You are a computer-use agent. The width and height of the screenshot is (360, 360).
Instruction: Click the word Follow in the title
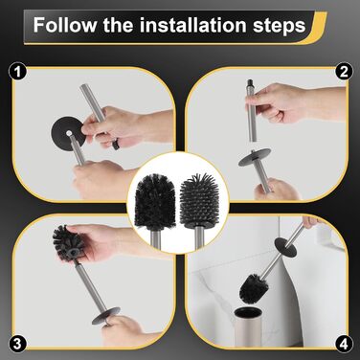(65, 25)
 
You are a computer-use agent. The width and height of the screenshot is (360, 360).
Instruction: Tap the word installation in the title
(192, 25)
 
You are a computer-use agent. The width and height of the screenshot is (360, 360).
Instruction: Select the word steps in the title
(279, 27)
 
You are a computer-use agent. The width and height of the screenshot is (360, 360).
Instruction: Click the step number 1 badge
(17, 73)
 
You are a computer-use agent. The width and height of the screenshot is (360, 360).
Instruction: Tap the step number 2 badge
(344, 72)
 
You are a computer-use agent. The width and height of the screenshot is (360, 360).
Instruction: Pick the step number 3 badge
(17, 344)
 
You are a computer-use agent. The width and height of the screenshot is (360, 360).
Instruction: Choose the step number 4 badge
(344, 344)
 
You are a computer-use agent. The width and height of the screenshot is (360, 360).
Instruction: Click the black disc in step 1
(68, 131)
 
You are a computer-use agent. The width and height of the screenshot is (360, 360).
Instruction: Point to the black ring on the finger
(116, 146)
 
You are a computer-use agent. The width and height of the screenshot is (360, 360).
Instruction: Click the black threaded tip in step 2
(250, 84)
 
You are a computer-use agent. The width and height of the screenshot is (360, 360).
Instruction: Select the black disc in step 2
(255, 157)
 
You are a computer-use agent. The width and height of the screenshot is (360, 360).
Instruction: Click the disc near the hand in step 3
(105, 316)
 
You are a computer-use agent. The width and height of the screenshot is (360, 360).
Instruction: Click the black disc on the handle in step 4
(285, 246)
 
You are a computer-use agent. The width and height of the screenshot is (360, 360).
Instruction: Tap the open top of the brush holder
(248, 312)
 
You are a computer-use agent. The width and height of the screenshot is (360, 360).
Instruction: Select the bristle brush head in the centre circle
(155, 201)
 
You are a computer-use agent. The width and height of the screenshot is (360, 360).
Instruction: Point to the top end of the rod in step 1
(83, 86)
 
